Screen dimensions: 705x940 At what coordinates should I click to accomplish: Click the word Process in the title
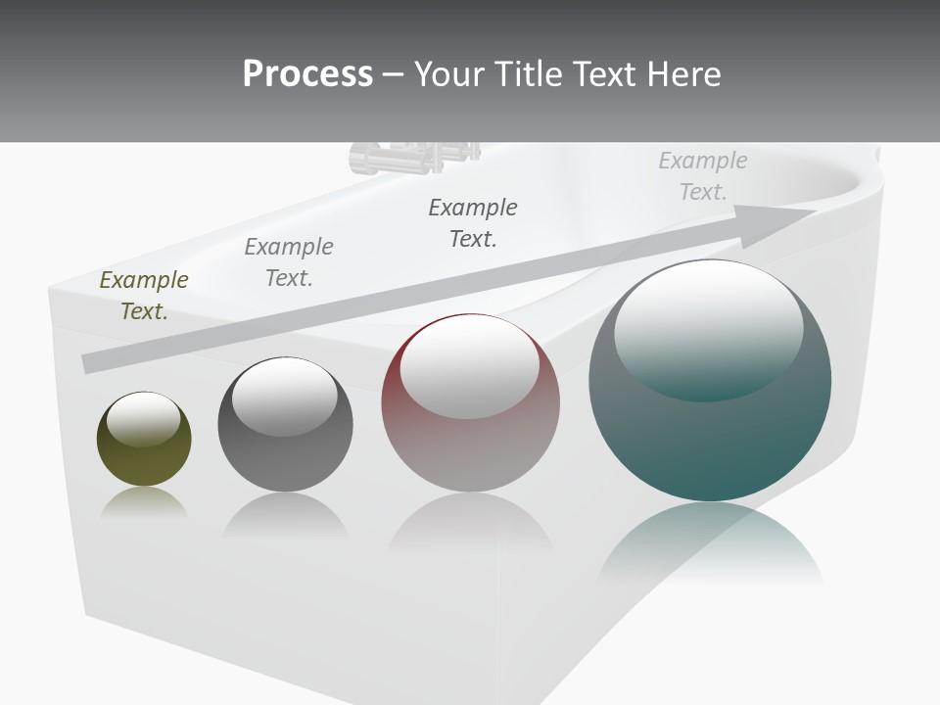(307, 74)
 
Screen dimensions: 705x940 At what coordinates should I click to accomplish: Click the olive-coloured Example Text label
(144, 295)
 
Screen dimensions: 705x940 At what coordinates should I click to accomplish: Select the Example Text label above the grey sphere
(289, 261)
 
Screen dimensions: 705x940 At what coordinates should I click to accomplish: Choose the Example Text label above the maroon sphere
(473, 222)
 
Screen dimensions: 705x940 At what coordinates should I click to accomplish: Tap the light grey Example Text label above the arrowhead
(703, 175)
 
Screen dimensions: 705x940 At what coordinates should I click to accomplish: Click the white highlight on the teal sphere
(708, 328)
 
